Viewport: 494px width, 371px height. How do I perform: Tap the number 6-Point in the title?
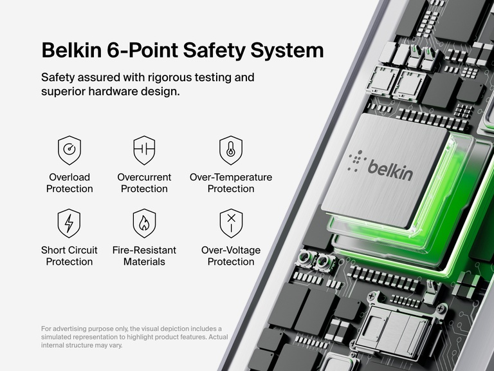pyautogui.click(x=143, y=50)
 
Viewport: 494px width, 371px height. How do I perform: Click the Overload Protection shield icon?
pyautogui.click(x=69, y=150)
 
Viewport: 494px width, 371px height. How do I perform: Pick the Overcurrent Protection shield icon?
pyautogui.click(x=144, y=150)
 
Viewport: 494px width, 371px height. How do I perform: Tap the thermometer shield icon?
pyautogui.click(x=231, y=150)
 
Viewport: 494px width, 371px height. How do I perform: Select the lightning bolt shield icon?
pyautogui.click(x=69, y=223)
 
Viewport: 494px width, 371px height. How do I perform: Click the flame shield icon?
pyautogui.click(x=144, y=223)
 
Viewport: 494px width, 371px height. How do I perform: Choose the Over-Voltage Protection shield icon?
pyautogui.click(x=231, y=223)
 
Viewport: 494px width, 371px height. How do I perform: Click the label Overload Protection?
pyautogui.click(x=69, y=183)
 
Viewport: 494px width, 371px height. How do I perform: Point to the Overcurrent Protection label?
pyautogui.click(x=144, y=183)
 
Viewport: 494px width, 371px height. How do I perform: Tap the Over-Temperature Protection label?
pyautogui.click(x=231, y=183)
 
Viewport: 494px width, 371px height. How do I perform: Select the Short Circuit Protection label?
pyautogui.click(x=69, y=256)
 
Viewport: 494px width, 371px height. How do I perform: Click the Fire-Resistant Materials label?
pyautogui.click(x=144, y=256)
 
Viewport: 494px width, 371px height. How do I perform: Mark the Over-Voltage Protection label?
pyautogui.click(x=231, y=256)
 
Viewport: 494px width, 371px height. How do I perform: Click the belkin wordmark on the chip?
pyautogui.click(x=390, y=168)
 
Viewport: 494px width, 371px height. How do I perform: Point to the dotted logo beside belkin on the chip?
pyautogui.click(x=357, y=161)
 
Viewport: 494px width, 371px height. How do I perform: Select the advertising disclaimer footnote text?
pyautogui.click(x=134, y=337)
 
